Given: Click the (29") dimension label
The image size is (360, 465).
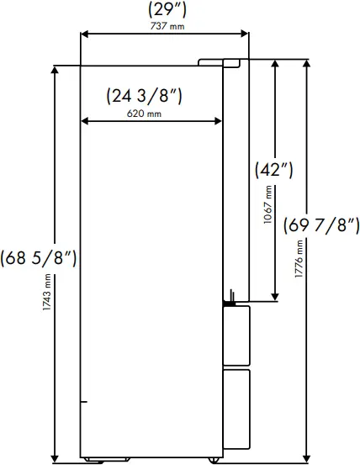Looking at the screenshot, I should tap(164, 11).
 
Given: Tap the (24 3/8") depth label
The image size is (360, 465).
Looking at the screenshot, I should tap(146, 96).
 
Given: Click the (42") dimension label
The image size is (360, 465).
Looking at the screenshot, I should tap(273, 169).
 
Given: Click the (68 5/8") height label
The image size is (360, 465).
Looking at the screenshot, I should tap(40, 257).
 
